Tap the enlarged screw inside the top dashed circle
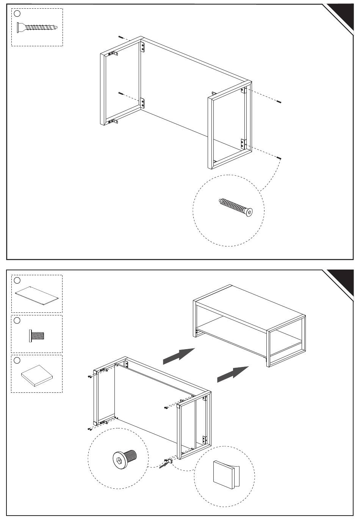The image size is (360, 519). (x=236, y=206)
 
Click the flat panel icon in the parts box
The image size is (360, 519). (x=37, y=295)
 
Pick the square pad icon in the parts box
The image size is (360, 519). (x=37, y=375)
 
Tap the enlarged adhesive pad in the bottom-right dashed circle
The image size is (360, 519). (x=225, y=474)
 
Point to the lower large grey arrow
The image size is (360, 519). (x=233, y=373)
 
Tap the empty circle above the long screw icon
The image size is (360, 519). (x=17, y=14)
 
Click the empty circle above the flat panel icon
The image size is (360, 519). (x=17, y=281)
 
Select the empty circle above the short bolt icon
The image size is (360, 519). (x=17, y=321)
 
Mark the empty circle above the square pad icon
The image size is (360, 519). (x=17, y=360)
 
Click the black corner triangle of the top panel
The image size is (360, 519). (x=343, y=14)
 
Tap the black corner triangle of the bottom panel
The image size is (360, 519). (x=343, y=281)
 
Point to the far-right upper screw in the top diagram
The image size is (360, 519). (x=279, y=101)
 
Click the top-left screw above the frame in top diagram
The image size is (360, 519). (x=121, y=38)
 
